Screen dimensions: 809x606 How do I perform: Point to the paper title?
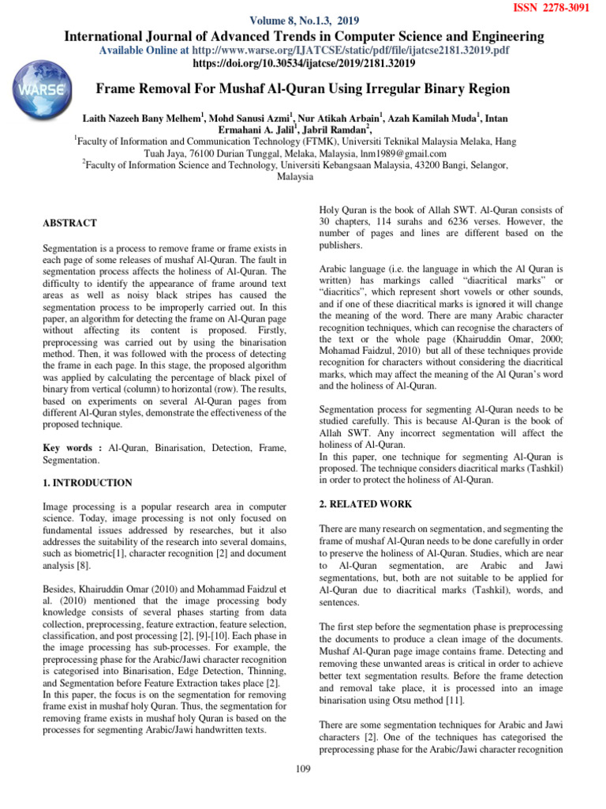(x=302, y=88)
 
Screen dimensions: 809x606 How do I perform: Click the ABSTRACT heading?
(x=70, y=224)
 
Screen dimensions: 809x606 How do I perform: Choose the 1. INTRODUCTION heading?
(x=88, y=482)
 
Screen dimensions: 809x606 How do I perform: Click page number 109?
(x=302, y=769)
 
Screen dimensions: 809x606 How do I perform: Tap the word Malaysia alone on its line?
(x=295, y=177)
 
